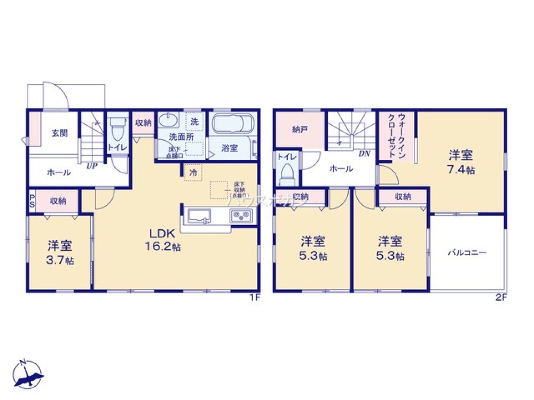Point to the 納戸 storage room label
(x=300, y=130)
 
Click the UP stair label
(x=92, y=166)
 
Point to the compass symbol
(x=29, y=373)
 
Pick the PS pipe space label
(x=32, y=202)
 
